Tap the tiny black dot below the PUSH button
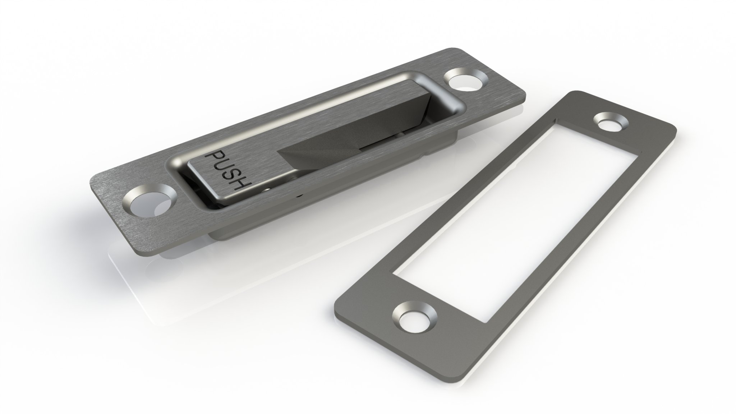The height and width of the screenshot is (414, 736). (x=299, y=196)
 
